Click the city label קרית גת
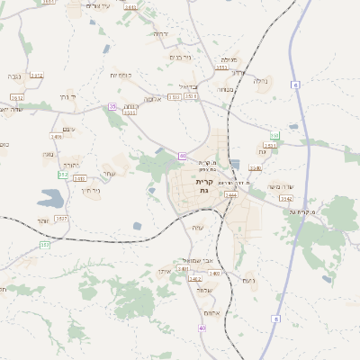pyautogui.click(x=205, y=186)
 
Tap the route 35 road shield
pyautogui.click(x=112, y=106)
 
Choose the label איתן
pyautogui.click(x=163, y=270)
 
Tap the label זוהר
pyautogui.click(x=43, y=220)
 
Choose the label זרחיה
pyautogui.click(x=159, y=33)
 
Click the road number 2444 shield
pyautogui.click(x=231, y=193)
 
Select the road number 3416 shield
pyautogui.click(x=57, y=137)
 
